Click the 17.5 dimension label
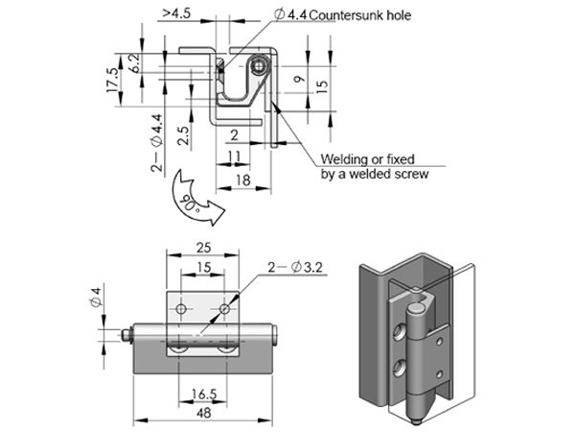tap(113, 80)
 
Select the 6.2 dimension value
tap(135, 63)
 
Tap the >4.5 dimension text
tap(177, 13)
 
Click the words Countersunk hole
tap(360, 15)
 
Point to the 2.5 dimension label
tap(183, 135)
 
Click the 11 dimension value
tap(234, 156)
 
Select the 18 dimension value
tap(243, 180)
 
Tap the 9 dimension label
tap(300, 79)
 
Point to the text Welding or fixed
tap(367, 159)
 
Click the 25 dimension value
tap(203, 248)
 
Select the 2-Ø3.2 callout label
tap(295, 267)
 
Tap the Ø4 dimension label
tap(95, 298)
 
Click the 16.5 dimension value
tap(204, 395)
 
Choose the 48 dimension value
tap(204, 413)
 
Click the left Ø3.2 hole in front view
tap(181, 309)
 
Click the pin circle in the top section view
tap(260, 66)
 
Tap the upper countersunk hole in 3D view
tap(399, 332)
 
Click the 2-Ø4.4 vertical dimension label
tap(156, 143)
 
